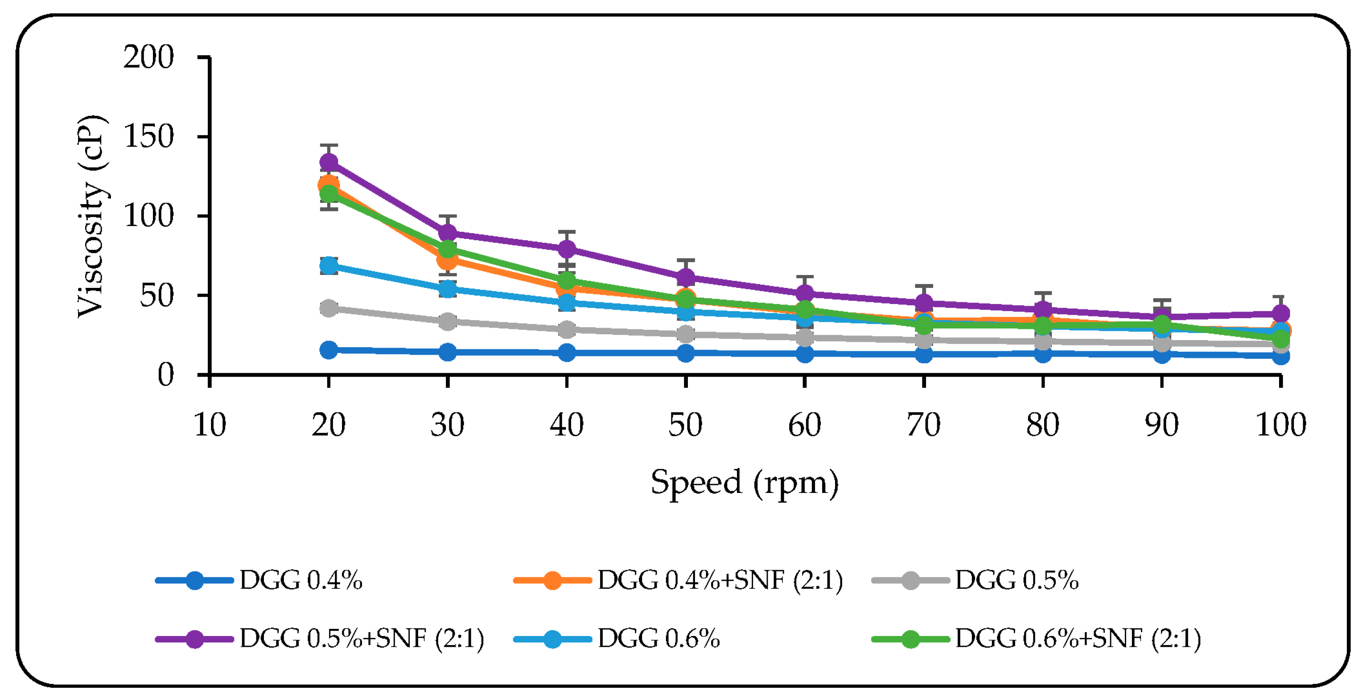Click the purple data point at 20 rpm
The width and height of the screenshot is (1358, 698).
329,162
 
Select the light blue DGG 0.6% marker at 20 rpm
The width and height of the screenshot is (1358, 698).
329,265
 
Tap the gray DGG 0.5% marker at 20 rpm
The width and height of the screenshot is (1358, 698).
329,308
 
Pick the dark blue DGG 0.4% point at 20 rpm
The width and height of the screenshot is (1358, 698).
329,349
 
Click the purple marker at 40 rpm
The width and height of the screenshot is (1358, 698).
567,248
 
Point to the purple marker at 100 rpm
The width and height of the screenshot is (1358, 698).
1281,313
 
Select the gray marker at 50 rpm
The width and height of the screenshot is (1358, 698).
686,334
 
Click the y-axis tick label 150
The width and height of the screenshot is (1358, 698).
148,136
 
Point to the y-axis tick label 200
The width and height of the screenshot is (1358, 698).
148,57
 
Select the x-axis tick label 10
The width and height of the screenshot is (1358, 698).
210,425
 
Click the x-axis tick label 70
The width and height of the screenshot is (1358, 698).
924,425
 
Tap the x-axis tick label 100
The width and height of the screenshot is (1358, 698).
1281,425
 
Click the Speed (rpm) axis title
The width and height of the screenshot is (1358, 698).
745,482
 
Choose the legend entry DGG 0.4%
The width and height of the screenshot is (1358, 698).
300,580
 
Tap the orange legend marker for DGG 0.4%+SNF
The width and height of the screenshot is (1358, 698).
552,580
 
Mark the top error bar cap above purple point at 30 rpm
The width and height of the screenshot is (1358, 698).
448,216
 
